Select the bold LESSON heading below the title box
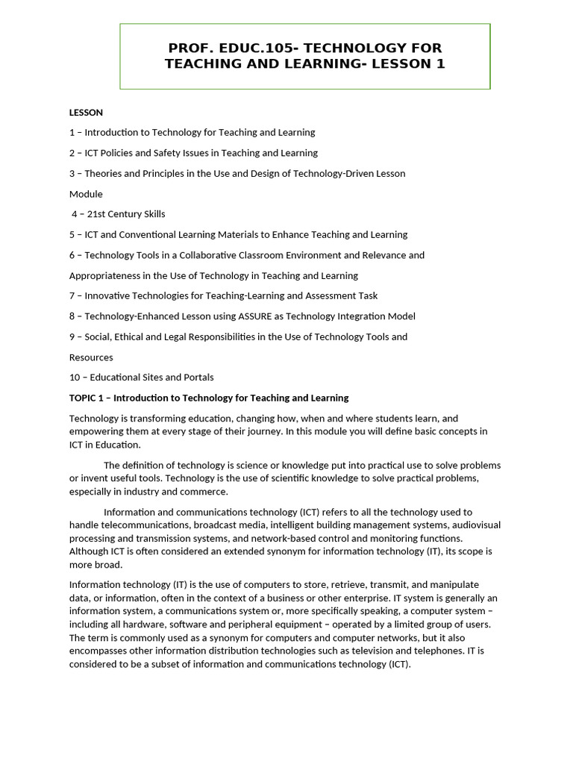click(86, 113)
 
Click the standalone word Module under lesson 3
click(86, 194)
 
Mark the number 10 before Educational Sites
click(75, 378)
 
